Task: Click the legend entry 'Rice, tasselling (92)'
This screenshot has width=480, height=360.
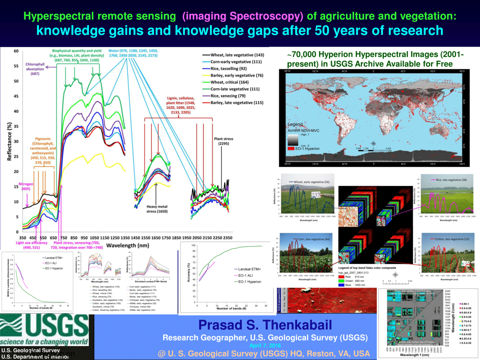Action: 229,69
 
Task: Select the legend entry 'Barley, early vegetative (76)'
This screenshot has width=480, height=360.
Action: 237,75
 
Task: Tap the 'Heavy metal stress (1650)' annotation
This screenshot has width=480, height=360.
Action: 157,209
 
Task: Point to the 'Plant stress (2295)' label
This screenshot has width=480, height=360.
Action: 223,141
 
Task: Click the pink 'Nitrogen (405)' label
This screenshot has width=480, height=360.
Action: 26,186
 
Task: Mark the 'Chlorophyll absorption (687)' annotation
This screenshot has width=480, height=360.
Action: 35,69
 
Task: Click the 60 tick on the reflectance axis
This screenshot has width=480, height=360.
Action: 16,51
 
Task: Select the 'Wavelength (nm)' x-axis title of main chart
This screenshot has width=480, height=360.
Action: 128,245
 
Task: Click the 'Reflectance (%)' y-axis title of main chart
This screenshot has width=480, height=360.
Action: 9,141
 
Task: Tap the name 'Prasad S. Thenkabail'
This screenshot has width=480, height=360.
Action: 265,325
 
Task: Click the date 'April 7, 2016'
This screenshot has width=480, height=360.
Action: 265,346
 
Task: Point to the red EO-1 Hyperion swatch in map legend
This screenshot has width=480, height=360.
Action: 290,148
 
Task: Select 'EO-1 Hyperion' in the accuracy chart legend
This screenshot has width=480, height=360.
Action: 249,282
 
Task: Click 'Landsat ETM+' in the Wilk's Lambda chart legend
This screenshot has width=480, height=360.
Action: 54,258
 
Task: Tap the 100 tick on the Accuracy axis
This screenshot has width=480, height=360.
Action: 193,245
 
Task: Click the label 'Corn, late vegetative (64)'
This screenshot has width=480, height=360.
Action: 314,239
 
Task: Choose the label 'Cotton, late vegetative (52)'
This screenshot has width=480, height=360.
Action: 452,239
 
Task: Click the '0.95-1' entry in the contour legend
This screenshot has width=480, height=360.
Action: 466,304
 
